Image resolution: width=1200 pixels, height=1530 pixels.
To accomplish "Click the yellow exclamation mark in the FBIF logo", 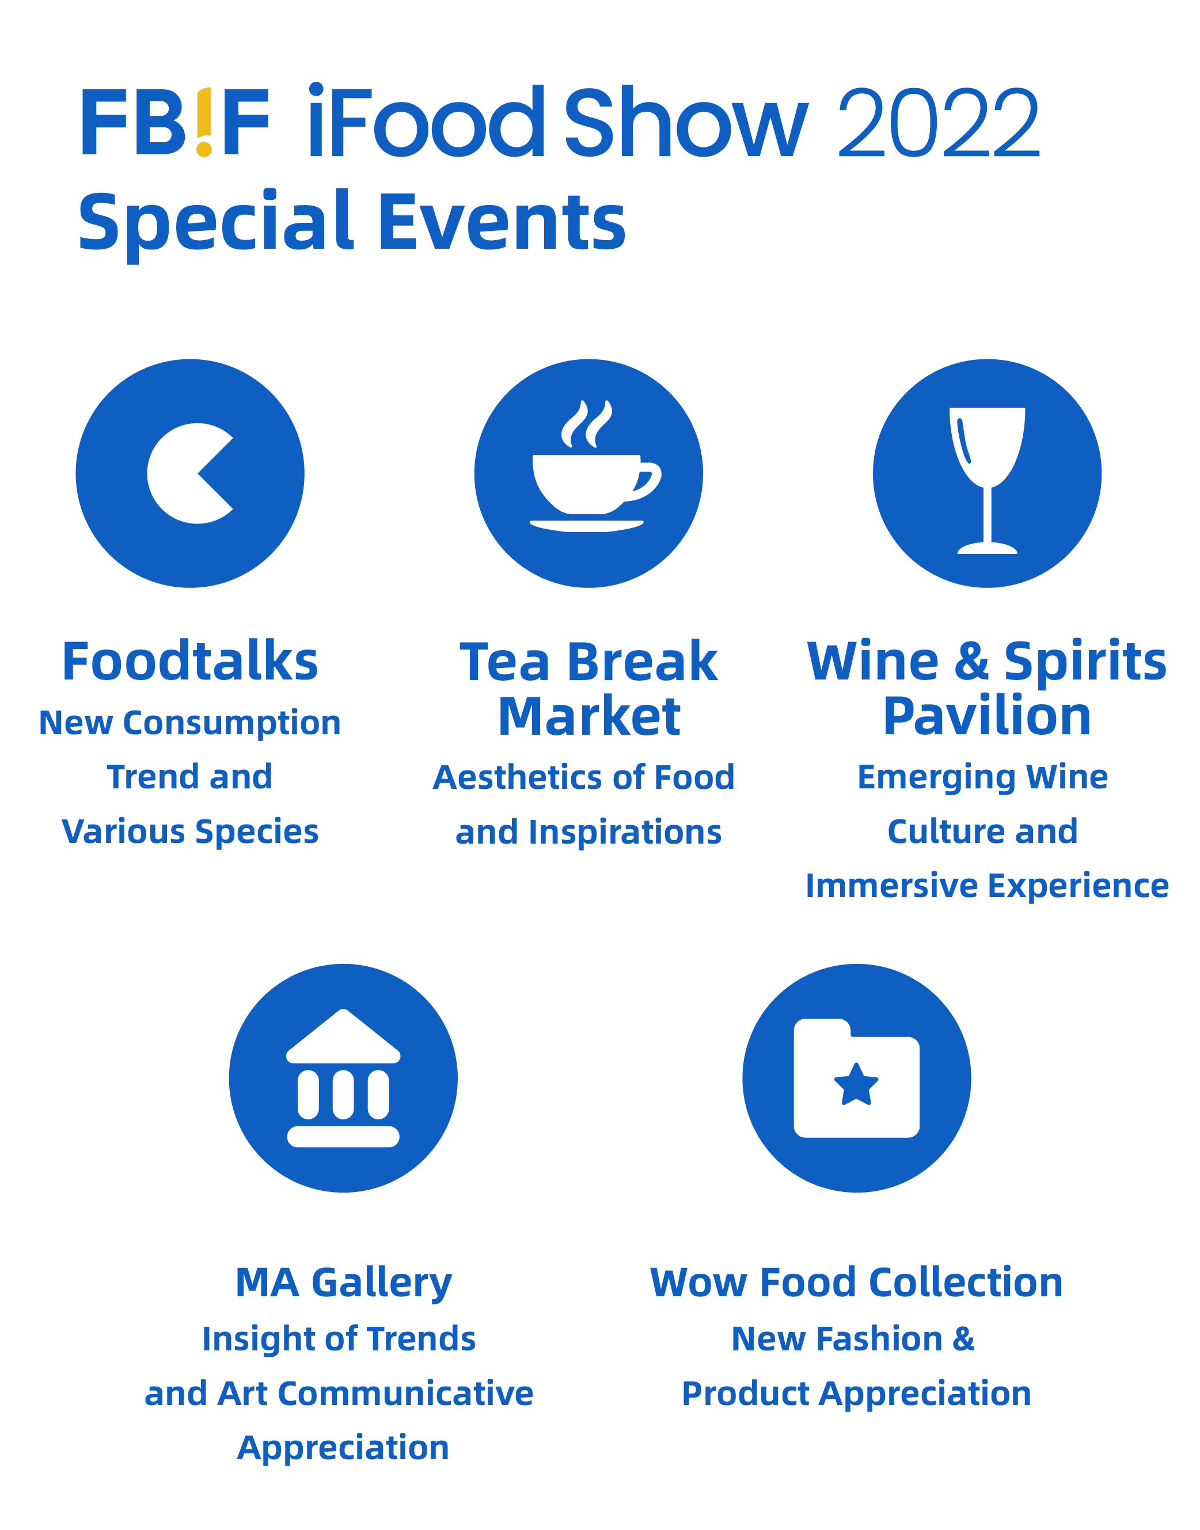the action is pyautogui.click(x=204, y=122).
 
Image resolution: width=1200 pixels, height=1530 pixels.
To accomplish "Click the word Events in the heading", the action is pyautogui.click(x=502, y=222).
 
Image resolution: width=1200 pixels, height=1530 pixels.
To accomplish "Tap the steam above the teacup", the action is pyautogui.click(x=587, y=424).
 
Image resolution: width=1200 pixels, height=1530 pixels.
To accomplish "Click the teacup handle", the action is pyautogui.click(x=645, y=481).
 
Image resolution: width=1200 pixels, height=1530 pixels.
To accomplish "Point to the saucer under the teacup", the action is pyautogui.click(x=587, y=526).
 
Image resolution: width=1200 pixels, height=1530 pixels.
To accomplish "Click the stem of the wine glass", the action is pyautogui.click(x=987, y=515).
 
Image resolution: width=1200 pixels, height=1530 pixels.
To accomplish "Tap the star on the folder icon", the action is pyautogui.click(x=856, y=1084).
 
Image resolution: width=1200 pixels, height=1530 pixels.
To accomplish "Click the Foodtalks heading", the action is pyautogui.click(x=189, y=662).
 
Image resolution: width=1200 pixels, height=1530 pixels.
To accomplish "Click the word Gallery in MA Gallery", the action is pyautogui.click(x=382, y=1284).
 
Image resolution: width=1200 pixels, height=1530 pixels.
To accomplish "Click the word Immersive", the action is pyautogui.click(x=891, y=886).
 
